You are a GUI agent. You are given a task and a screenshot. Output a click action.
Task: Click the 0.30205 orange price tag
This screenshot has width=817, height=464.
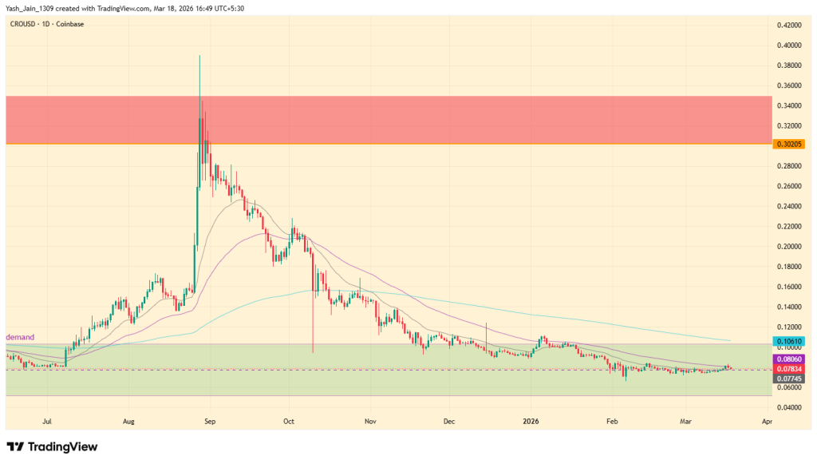tap(789, 145)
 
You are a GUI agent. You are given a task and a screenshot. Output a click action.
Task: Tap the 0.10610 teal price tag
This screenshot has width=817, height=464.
tap(789, 341)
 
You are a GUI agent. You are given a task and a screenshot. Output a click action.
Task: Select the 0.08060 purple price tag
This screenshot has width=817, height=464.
tap(789, 360)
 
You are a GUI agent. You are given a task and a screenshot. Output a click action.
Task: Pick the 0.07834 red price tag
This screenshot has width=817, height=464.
tap(789, 370)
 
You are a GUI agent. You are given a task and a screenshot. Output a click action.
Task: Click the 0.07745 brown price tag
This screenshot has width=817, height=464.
tap(789, 379)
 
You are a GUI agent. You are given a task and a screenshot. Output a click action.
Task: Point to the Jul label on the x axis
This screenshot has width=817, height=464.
tap(48, 420)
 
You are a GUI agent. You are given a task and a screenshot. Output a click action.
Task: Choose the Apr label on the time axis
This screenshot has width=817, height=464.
tap(768, 420)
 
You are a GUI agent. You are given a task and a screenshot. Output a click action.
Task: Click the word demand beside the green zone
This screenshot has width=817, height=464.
tap(20, 338)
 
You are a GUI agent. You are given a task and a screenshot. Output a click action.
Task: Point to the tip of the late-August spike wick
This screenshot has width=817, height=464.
tap(199, 56)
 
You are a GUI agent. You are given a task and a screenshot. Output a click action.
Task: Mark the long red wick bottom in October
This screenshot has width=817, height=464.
tap(313, 352)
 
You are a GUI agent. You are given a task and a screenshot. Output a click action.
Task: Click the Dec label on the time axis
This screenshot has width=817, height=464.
tap(448, 420)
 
